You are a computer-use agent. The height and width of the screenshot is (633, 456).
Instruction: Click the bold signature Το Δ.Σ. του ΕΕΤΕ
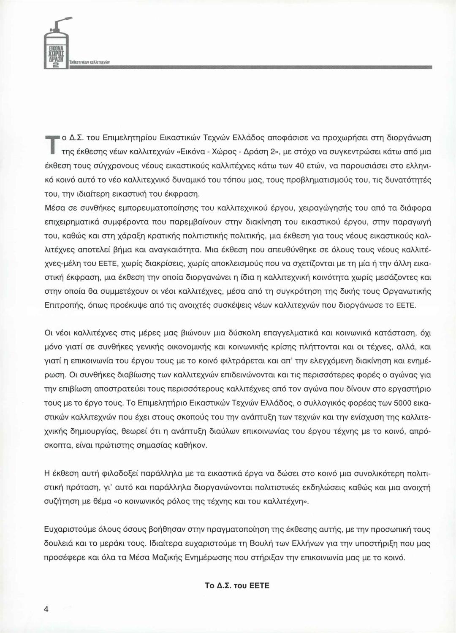pyautogui.click(x=236, y=586)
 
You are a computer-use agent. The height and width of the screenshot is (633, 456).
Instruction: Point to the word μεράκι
pyautogui.click(x=114, y=543)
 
